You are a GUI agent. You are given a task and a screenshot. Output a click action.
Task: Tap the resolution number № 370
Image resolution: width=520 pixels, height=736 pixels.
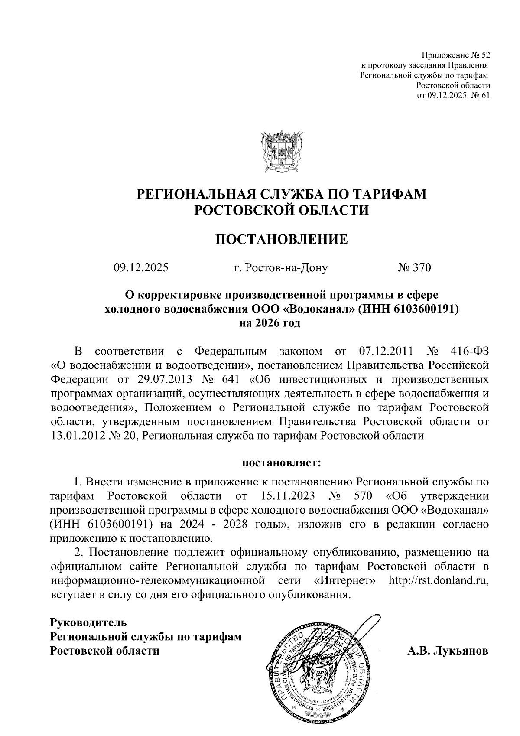pyautogui.click(x=414, y=268)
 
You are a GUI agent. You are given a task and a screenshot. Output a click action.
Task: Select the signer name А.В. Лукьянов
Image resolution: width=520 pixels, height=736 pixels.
pyautogui.click(x=448, y=651)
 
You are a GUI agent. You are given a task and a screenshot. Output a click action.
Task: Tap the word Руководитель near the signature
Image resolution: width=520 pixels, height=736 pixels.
pyautogui.click(x=89, y=623)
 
